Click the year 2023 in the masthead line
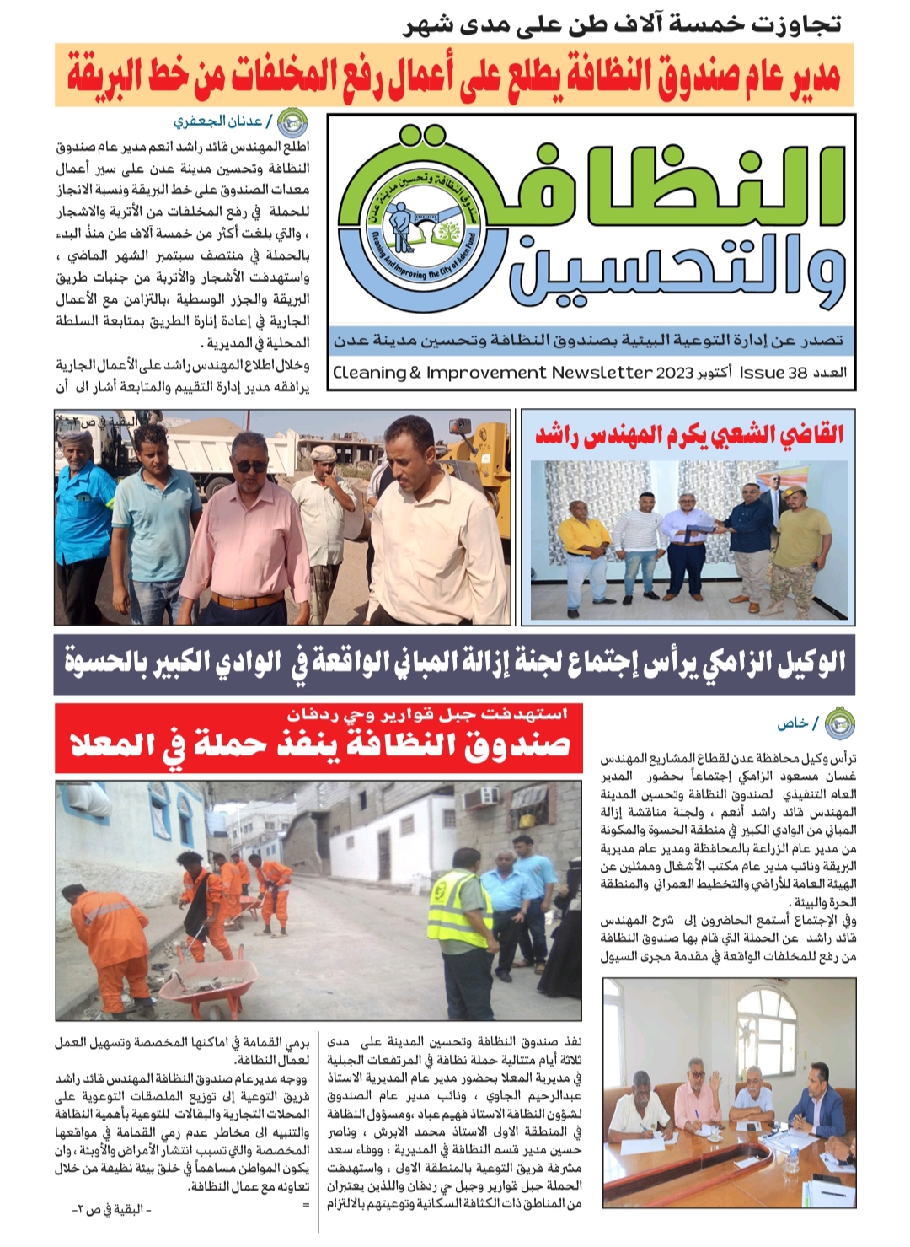(674, 373)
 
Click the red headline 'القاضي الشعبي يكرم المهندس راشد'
(689, 435)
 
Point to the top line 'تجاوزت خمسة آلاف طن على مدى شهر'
(622, 23)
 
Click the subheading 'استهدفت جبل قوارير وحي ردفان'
(428, 714)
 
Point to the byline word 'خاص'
(792, 723)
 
